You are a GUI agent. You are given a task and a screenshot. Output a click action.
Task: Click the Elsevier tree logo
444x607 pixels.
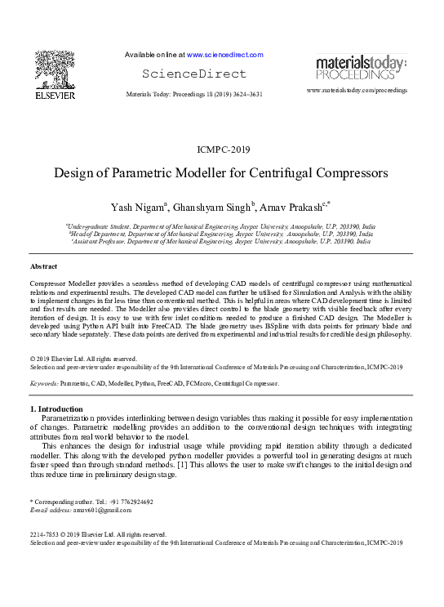54,69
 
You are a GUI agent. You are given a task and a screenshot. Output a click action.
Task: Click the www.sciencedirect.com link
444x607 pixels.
225,55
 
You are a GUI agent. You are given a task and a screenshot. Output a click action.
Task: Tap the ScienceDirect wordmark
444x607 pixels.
193,74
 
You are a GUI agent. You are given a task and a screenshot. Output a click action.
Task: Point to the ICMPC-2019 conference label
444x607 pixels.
221,150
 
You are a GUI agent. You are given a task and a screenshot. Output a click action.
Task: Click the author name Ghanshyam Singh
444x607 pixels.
217,204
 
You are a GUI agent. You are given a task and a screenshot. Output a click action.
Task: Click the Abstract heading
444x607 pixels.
43,267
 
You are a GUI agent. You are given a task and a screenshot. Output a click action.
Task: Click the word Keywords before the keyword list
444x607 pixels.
42,382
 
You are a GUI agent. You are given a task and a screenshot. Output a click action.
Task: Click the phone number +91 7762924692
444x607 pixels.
131,502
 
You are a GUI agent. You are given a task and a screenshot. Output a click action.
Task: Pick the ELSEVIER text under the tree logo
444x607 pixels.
54,96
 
